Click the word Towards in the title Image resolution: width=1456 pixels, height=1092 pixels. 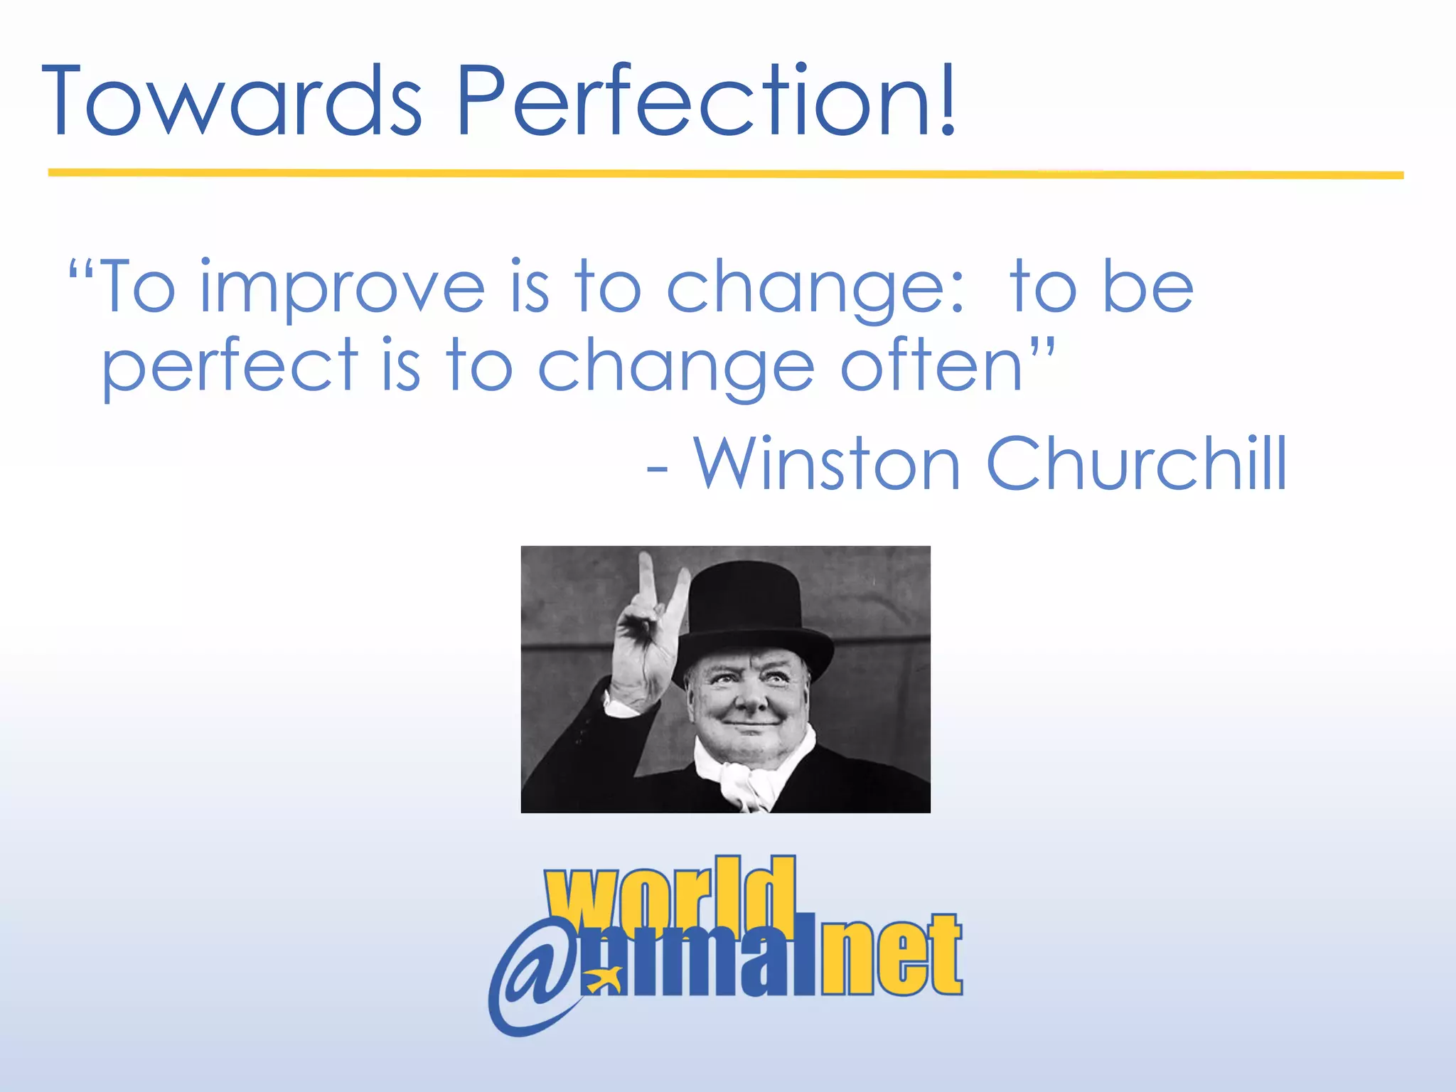pos(232,101)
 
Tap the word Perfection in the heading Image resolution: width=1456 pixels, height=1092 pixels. pos(682,101)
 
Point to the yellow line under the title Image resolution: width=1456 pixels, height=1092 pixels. pos(725,173)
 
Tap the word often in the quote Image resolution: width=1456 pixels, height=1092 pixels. pos(931,367)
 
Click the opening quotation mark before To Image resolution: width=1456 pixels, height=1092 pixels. pos(81,270)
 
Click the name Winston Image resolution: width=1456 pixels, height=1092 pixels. pos(828,464)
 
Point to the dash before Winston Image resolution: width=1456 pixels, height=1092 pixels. pos(657,471)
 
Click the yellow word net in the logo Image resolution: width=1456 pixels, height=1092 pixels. pos(892,956)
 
